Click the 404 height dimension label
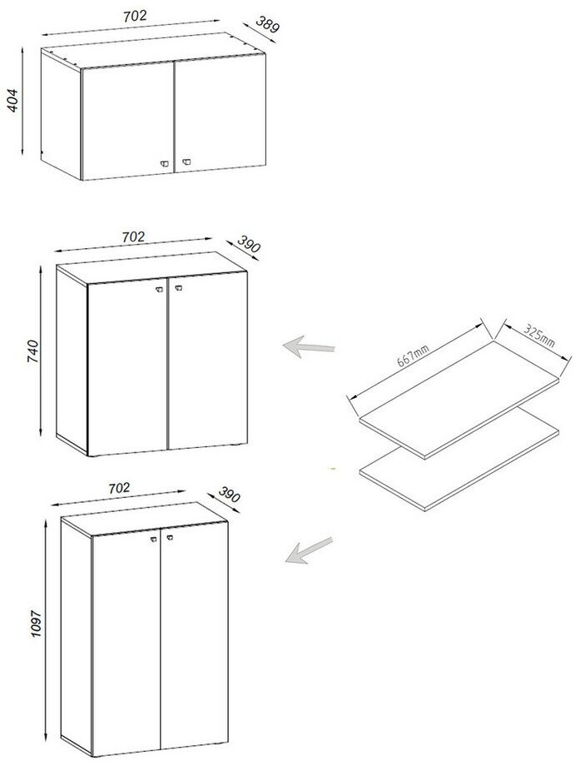(x=12, y=101)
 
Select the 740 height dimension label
(x=32, y=351)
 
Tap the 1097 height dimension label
(x=37, y=623)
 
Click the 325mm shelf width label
(x=539, y=336)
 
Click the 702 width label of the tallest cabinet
(x=119, y=488)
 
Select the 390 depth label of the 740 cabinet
(x=249, y=244)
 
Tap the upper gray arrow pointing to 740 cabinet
(x=309, y=347)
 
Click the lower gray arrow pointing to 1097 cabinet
(x=309, y=550)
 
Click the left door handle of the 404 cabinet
(x=165, y=164)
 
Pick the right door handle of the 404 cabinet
(x=186, y=162)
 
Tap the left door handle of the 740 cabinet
(x=159, y=291)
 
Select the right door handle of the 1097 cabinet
(x=170, y=537)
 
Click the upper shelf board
(x=459, y=400)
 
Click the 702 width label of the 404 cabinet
(x=135, y=16)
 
